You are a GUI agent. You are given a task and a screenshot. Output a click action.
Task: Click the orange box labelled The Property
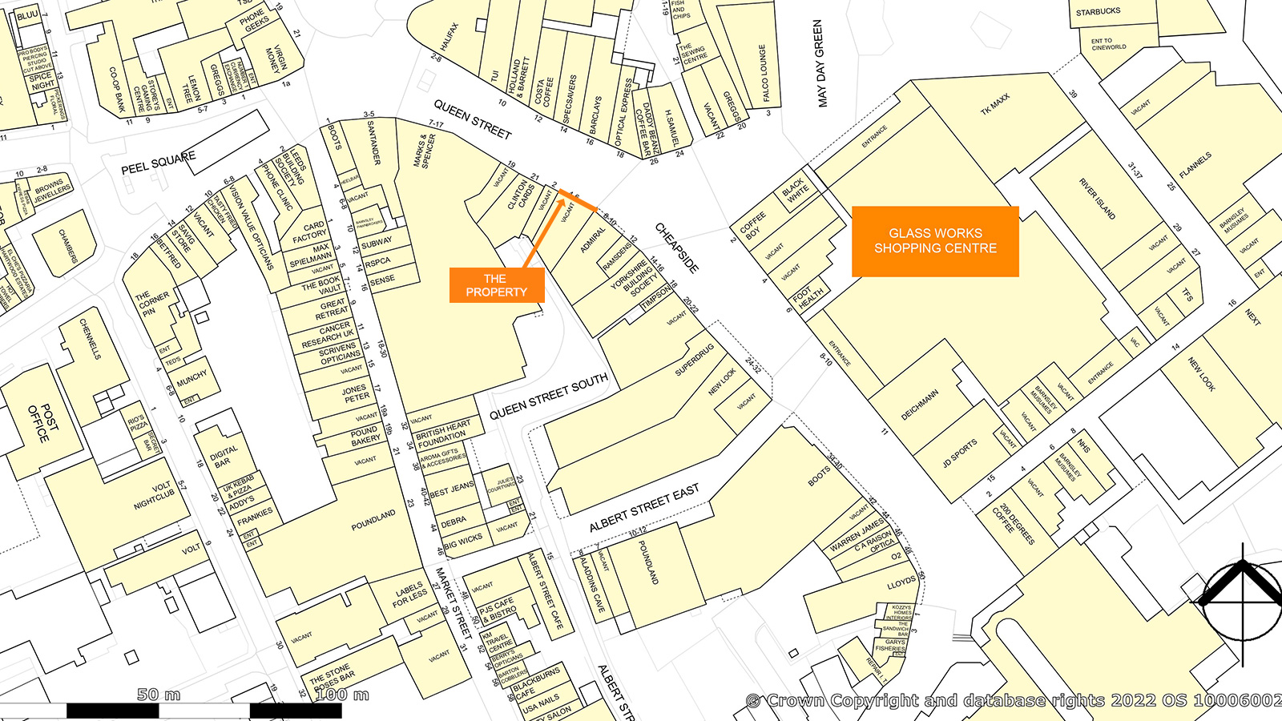tap(497, 285)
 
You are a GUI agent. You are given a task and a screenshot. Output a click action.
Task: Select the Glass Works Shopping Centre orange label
tap(935, 241)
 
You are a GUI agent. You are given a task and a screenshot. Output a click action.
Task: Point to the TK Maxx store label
tap(996, 104)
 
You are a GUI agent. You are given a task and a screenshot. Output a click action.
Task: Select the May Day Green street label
tap(819, 63)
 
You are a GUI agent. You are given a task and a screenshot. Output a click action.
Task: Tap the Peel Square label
tap(158, 163)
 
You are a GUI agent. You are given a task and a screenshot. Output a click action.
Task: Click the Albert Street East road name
tap(644, 507)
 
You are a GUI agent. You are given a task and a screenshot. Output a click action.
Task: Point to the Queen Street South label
tap(549, 396)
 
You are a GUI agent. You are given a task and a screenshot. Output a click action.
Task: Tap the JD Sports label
tap(959, 453)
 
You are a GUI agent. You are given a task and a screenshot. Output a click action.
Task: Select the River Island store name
tap(1097, 199)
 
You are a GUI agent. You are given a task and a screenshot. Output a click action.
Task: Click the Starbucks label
tap(1098, 12)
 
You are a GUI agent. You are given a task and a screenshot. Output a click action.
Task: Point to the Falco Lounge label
tap(764, 73)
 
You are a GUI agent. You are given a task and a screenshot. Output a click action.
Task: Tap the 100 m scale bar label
tap(341, 695)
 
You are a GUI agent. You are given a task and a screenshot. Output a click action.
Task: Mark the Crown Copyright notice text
tap(1013, 700)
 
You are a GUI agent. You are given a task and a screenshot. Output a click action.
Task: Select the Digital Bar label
tap(224, 456)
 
